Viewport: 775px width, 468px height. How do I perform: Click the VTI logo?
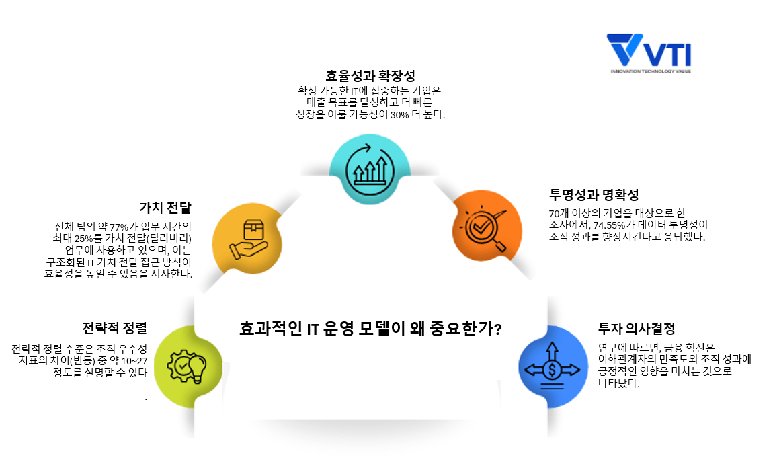click(648, 50)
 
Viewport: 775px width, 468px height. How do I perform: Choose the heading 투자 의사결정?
click(637, 329)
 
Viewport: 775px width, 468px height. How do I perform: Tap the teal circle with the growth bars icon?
click(370, 170)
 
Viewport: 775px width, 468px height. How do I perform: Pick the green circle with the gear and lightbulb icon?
click(187, 366)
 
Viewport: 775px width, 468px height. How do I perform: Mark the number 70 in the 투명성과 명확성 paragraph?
click(554, 214)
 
